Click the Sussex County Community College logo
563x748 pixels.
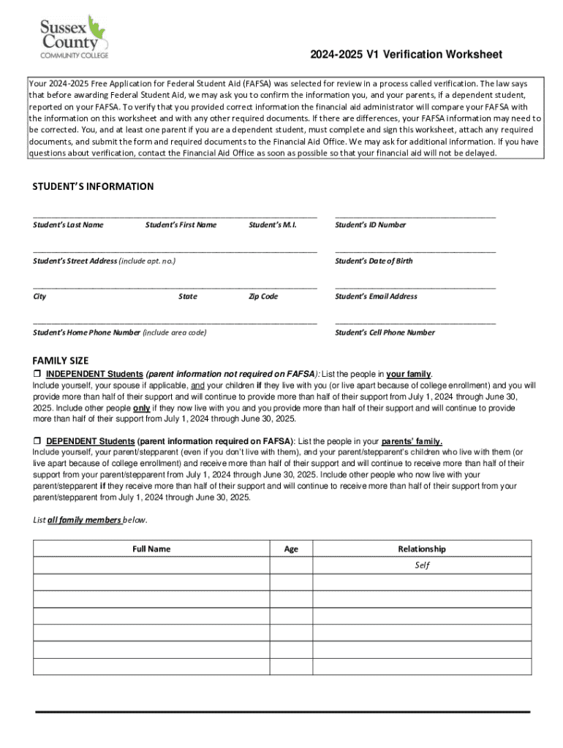(72, 36)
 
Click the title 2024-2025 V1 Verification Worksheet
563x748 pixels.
(406, 56)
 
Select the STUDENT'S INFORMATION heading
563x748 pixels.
(93, 186)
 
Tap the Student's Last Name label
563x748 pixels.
(68, 225)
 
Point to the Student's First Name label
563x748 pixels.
(181, 225)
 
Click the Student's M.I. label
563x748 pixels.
(272, 225)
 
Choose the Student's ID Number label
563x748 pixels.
(370, 225)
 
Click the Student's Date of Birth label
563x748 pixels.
(374, 261)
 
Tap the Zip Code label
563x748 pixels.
(263, 297)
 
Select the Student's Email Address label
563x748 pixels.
(376, 297)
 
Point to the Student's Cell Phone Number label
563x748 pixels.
(385, 332)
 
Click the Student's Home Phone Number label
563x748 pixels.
(119, 332)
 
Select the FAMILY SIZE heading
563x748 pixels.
(61, 361)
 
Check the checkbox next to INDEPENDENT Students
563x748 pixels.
(37, 374)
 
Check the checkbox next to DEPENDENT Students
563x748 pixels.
(37, 441)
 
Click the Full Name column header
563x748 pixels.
(151, 549)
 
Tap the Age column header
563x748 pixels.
(291, 549)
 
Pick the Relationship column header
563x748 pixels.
(421, 549)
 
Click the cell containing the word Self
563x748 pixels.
(421, 565)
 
